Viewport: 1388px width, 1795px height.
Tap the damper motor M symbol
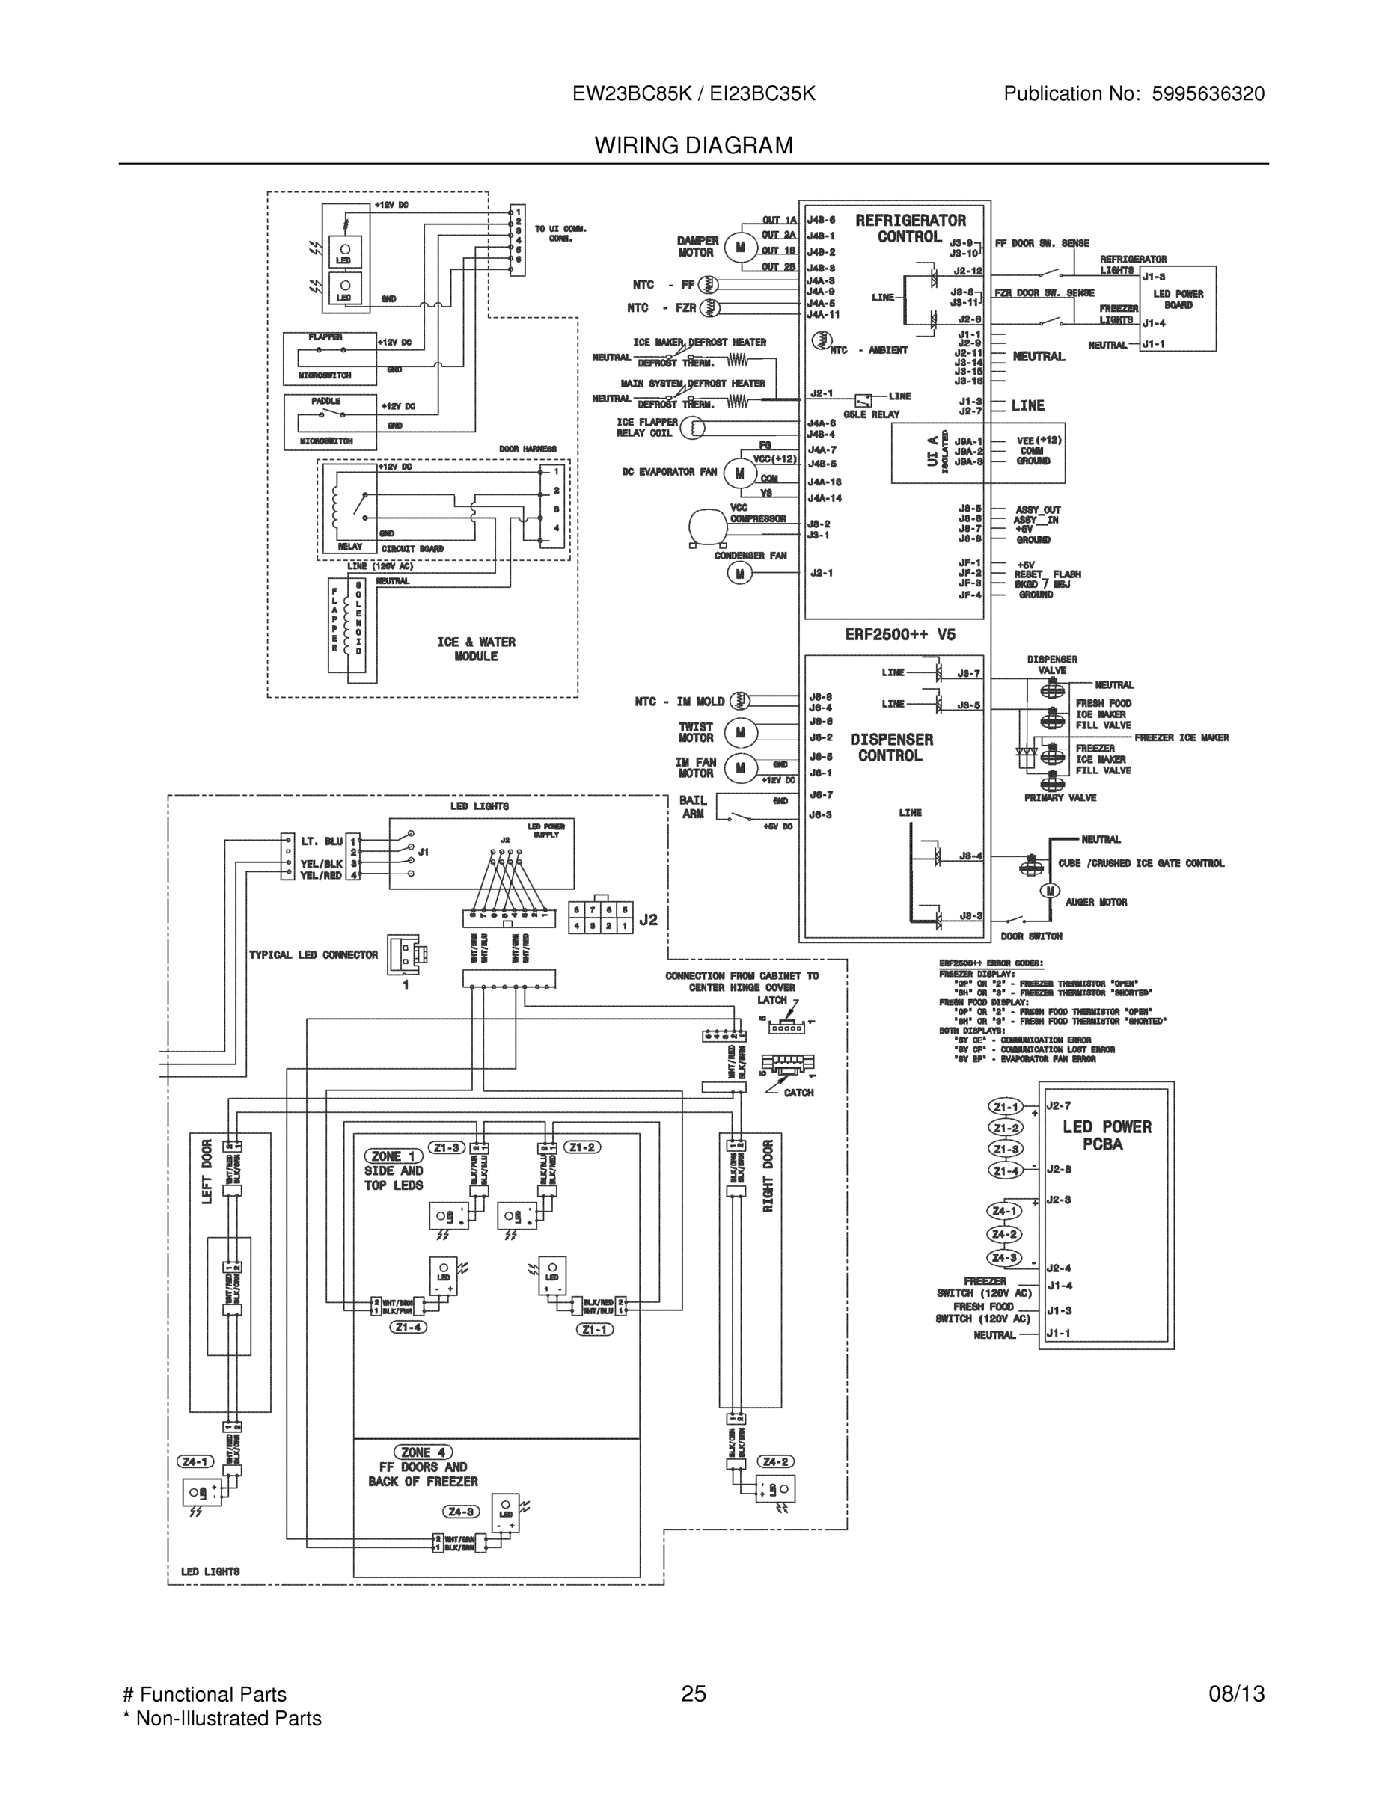[740, 247]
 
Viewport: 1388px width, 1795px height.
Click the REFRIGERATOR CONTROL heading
[911, 228]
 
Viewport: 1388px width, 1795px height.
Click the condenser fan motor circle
[739, 574]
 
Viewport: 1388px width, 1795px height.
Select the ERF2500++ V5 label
[900, 634]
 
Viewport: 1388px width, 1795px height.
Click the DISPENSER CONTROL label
[891, 748]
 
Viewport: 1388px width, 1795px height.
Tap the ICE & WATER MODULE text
[476, 649]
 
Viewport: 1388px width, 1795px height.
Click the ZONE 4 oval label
[424, 1452]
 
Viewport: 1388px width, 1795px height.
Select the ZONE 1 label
[393, 1156]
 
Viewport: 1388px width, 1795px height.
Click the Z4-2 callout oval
[775, 1461]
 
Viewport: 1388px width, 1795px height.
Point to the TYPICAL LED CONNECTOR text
[314, 955]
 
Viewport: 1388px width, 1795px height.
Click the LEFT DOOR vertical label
[207, 1171]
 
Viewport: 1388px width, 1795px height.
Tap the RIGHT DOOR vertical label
[769, 1175]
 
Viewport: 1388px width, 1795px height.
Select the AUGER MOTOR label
[1096, 903]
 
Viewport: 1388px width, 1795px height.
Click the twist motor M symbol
[740, 732]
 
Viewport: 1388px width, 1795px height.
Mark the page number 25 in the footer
[693, 1693]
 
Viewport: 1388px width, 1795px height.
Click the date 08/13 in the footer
[1236, 1693]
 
